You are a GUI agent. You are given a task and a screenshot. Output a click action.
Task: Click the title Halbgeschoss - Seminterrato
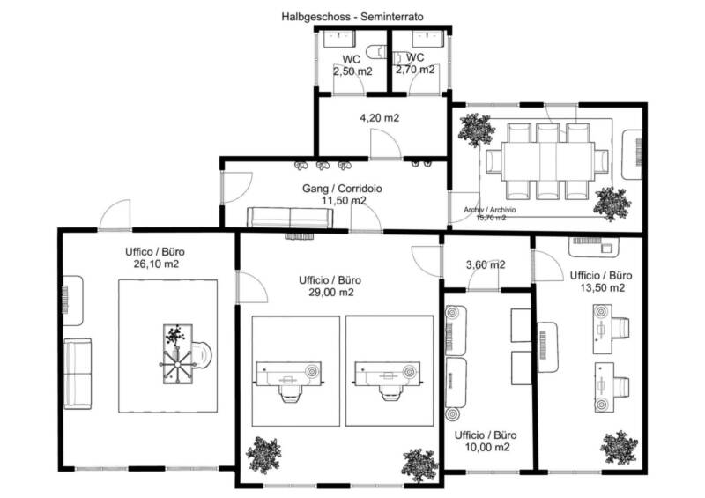click(x=352, y=17)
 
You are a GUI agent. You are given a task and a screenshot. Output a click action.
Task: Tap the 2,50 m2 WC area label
click(x=352, y=71)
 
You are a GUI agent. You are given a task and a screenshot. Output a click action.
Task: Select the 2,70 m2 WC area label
click(x=415, y=70)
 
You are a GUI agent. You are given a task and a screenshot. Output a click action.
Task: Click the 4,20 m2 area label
click(x=379, y=118)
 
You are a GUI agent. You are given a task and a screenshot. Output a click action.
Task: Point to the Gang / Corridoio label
click(x=342, y=189)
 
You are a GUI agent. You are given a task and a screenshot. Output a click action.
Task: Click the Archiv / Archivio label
click(x=490, y=210)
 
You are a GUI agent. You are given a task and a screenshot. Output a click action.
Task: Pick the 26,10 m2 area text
click(x=156, y=264)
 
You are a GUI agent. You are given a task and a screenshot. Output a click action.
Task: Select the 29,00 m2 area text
click(x=331, y=293)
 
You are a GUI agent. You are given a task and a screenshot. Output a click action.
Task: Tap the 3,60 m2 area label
click(x=486, y=265)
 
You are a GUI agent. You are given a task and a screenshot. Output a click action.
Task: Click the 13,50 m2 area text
click(x=602, y=288)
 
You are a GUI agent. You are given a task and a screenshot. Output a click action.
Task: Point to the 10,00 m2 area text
click(x=487, y=447)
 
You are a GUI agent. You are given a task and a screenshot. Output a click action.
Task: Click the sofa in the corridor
click(x=290, y=218)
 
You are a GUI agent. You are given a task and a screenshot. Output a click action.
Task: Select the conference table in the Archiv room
click(x=547, y=161)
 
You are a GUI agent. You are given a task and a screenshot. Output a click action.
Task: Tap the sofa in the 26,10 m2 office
click(x=78, y=374)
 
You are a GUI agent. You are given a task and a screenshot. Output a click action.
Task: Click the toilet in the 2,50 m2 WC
click(x=376, y=52)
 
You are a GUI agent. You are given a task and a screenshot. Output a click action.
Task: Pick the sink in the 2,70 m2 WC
click(x=428, y=39)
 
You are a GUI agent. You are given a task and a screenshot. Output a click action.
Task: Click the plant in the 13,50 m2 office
click(x=619, y=448)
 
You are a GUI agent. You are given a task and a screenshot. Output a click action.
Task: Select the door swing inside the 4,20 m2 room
click(x=386, y=143)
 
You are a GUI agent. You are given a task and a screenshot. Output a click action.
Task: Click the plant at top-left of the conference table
click(x=476, y=130)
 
